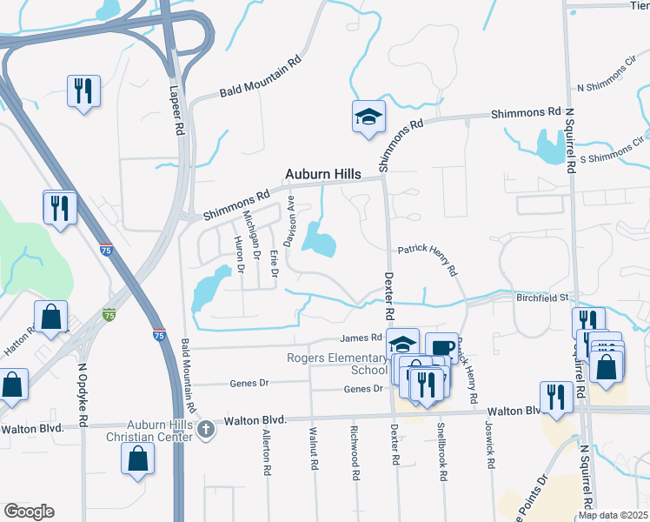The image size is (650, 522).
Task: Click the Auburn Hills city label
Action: (324, 175)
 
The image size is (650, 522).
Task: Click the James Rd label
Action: (361, 338)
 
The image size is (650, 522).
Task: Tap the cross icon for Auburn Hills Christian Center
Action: (205, 429)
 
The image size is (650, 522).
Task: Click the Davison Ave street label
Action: (293, 219)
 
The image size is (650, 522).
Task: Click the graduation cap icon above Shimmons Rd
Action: (368, 116)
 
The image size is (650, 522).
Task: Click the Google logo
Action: (29, 512)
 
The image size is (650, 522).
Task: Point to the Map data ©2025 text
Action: (613, 515)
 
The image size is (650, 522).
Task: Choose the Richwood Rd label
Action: (355, 453)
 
